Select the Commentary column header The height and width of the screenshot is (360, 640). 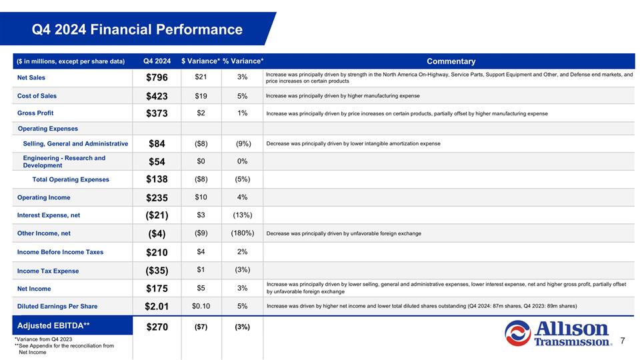pyautogui.click(x=451, y=61)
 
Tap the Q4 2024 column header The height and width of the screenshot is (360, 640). pyautogui.click(x=157, y=61)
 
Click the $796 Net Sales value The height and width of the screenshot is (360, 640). pyautogui.click(x=157, y=77)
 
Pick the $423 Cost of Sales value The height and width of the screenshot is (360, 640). pyautogui.click(x=157, y=96)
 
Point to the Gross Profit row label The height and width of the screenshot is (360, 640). pyautogui.click(x=35, y=113)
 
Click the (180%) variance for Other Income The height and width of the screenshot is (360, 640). pyautogui.click(x=242, y=233)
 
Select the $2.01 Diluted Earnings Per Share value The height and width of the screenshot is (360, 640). pyautogui.click(x=157, y=307)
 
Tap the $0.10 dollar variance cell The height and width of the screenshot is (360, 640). pyautogui.click(x=201, y=307)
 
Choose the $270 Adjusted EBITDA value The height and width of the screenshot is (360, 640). pyautogui.click(x=157, y=327)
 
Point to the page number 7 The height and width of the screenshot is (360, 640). pyautogui.click(x=622, y=341)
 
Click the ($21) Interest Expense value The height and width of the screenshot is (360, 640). pyautogui.click(x=157, y=215)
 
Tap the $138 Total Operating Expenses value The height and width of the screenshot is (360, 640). pyautogui.click(x=157, y=179)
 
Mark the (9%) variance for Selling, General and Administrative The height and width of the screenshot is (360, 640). pyautogui.click(x=242, y=143)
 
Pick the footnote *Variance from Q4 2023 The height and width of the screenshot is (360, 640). pyautogui.click(x=43, y=339)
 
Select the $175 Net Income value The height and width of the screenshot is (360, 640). pyautogui.click(x=157, y=289)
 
